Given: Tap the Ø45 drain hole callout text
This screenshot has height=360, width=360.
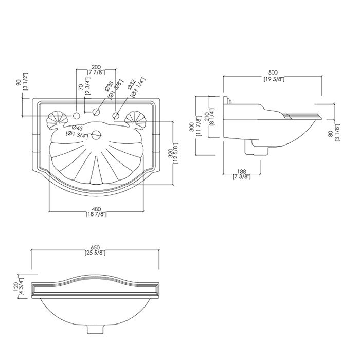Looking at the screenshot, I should coord(78,128).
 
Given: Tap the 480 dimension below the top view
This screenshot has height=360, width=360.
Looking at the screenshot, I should coord(96,209).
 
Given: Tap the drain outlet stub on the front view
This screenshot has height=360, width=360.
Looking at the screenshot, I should coord(95,327).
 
